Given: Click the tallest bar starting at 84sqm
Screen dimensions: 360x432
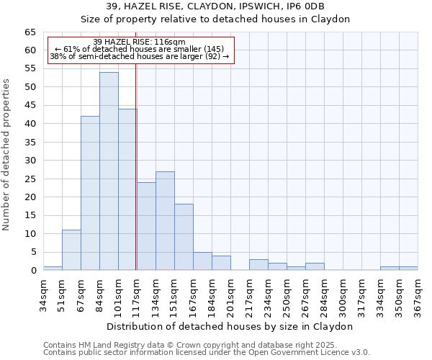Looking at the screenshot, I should coord(109,171).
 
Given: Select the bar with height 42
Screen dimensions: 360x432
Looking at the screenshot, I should coord(90,193).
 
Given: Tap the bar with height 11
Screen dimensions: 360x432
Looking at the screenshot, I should coord(71,250).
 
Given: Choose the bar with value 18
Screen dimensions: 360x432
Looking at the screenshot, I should coord(184,237).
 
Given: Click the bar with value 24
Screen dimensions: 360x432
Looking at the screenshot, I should coord(146,226).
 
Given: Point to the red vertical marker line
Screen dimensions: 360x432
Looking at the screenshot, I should coord(135,166).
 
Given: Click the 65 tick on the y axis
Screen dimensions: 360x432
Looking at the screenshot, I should coord(30,32).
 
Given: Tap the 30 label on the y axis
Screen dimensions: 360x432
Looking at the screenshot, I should coord(30,161).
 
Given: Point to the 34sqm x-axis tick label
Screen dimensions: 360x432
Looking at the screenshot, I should coord(43,292).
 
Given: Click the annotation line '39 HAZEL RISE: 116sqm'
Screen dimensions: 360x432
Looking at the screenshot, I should coord(140,42).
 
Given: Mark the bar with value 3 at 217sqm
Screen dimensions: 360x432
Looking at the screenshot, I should coord(258,265).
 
